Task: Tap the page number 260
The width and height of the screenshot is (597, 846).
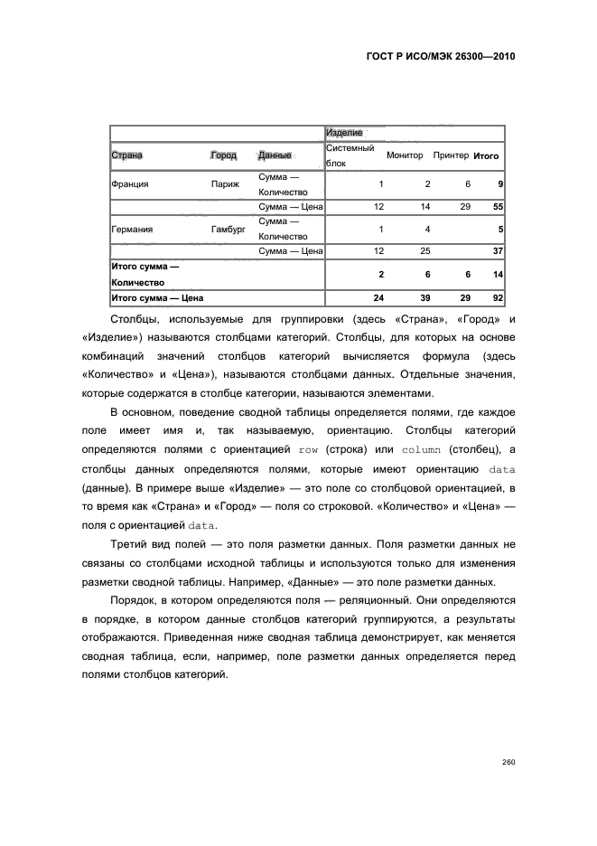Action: coord(508,762)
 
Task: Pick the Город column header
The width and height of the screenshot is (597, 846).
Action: coord(223,155)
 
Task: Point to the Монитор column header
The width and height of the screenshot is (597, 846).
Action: coord(405,155)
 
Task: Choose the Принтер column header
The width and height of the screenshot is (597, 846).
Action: coord(451,155)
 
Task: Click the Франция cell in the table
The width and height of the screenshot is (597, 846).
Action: coord(129,184)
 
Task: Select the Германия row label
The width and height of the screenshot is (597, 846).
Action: coord(132,230)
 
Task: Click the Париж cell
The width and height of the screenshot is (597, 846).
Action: coord(225,184)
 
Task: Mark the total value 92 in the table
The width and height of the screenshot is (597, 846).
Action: coord(497,297)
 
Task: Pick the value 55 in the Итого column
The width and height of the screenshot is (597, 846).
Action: coord(497,207)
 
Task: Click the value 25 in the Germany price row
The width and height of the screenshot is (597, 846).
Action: coord(425,251)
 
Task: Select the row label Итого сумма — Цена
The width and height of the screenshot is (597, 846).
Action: coord(156,297)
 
